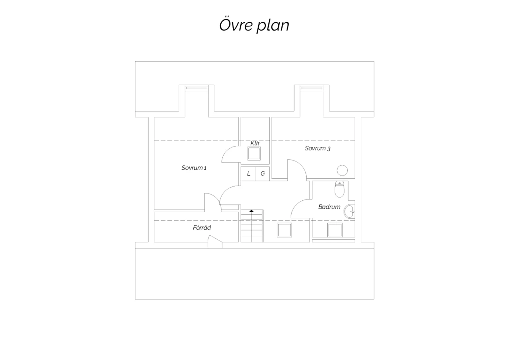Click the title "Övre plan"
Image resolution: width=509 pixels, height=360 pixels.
(x=254, y=25)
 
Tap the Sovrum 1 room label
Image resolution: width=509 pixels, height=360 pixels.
(x=194, y=168)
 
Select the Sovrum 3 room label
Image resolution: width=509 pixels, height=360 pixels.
(x=317, y=148)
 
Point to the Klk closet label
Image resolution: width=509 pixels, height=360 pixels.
(x=255, y=143)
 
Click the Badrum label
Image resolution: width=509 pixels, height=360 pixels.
(x=329, y=207)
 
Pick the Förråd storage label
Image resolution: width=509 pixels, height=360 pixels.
(x=202, y=228)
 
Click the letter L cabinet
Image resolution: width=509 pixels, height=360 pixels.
(x=248, y=174)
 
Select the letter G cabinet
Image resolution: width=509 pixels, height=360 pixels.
(x=262, y=174)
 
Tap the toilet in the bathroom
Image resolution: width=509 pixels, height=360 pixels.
(x=339, y=189)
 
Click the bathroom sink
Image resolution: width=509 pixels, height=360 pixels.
(x=349, y=212)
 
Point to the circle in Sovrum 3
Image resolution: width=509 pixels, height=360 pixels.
(x=342, y=170)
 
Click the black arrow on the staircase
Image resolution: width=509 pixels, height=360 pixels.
(x=251, y=211)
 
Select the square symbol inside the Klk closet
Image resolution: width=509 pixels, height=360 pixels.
(x=254, y=154)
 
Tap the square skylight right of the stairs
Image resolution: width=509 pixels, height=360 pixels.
(x=284, y=230)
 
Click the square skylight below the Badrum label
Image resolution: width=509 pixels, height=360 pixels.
(x=335, y=230)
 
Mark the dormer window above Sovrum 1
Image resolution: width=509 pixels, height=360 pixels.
(x=196, y=88)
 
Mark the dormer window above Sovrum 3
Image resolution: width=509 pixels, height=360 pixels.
(x=312, y=88)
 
